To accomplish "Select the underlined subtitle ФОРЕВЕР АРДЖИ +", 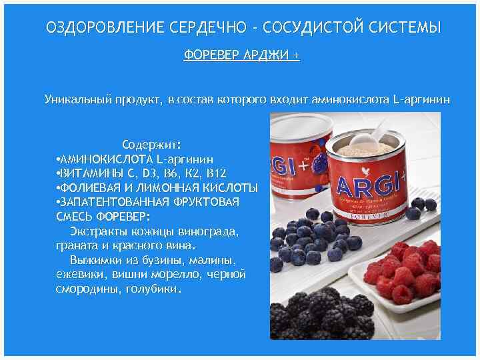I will pos(241,56).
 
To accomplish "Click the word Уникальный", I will pos(74,100).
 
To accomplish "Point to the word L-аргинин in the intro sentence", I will pos(422,100).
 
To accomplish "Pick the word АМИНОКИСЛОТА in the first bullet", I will pos(107,159).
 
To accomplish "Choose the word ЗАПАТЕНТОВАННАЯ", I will pos(109,201).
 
